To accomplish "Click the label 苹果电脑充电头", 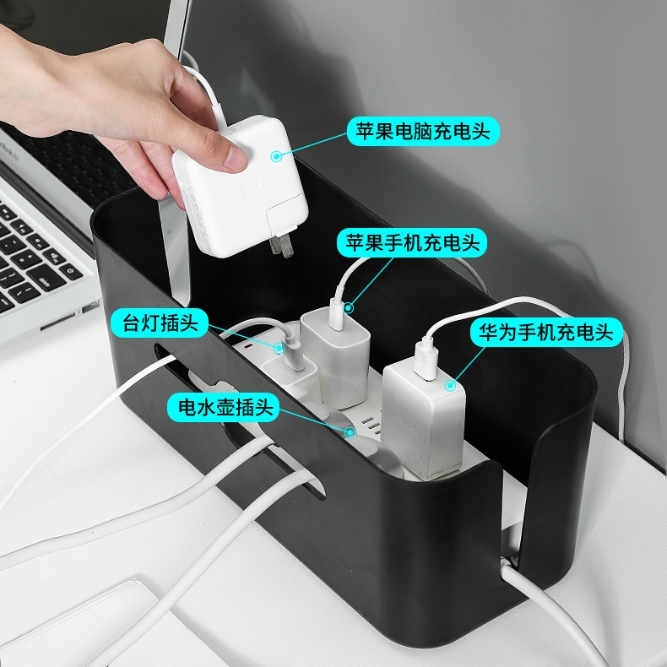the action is pyautogui.click(x=423, y=131).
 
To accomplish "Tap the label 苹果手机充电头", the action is pyautogui.click(x=412, y=243).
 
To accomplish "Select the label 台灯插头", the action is pyautogui.click(x=160, y=323).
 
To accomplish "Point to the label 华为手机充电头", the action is pyautogui.click(x=546, y=332).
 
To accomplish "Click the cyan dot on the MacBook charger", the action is pyautogui.click(x=276, y=156).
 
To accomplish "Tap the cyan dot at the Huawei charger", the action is pyautogui.click(x=450, y=385).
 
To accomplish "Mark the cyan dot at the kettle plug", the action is pyautogui.click(x=350, y=432).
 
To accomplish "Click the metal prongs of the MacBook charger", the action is pyautogui.click(x=281, y=246).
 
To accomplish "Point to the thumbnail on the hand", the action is pyautogui.click(x=236, y=157).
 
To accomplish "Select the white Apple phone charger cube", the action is pyautogui.click(x=336, y=357).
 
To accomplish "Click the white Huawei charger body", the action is pyautogui.click(x=422, y=421).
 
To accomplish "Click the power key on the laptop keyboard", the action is pyautogui.click(x=71, y=270).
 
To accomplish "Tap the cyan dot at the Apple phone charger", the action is pyautogui.click(x=349, y=307).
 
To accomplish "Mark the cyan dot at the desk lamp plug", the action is pyautogui.click(x=279, y=348).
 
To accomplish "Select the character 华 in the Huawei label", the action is pyautogui.click(x=489, y=332).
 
